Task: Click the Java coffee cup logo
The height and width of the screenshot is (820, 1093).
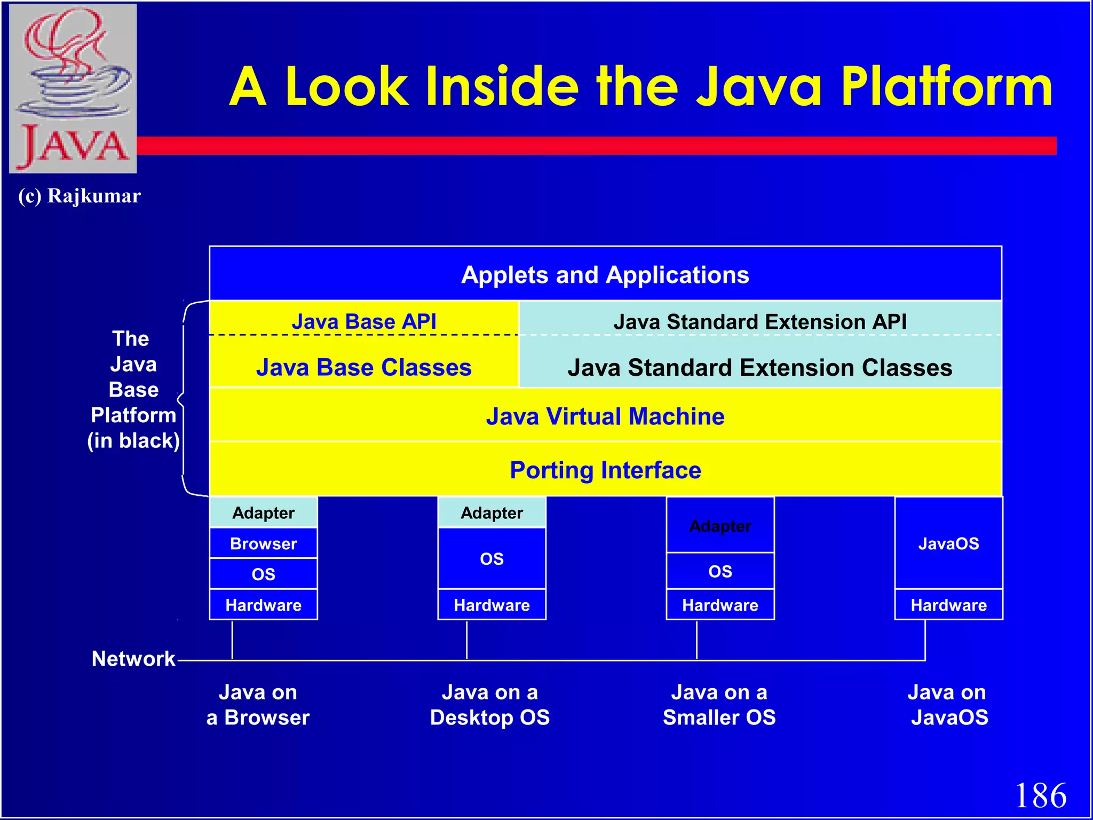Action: [73, 88]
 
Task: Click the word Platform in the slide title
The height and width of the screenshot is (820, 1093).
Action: [946, 86]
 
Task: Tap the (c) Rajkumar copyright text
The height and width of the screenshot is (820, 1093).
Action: [80, 196]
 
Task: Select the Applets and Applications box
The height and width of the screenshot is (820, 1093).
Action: [605, 274]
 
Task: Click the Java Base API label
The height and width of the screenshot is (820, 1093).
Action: [364, 321]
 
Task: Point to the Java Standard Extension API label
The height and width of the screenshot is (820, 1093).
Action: [760, 321]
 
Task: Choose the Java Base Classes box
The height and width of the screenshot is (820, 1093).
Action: [364, 367]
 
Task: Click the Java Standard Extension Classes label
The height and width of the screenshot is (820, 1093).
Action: [760, 367]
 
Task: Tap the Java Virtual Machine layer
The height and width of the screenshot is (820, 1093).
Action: [605, 416]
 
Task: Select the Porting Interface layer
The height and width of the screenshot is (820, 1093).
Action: [605, 470]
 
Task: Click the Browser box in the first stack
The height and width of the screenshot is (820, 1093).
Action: [263, 543]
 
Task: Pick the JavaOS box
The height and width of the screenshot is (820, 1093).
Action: [948, 543]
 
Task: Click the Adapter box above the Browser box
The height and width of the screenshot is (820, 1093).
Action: [263, 512]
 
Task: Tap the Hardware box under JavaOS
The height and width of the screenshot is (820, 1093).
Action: [948, 605]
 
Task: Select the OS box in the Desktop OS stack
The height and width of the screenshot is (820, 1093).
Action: [492, 558]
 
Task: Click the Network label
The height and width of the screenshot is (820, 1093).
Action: [133, 658]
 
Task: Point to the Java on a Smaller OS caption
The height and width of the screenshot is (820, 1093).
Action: [719, 705]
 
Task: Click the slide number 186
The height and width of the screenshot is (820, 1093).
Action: [1040, 795]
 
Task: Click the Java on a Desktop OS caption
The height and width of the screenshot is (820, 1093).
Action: [490, 705]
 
